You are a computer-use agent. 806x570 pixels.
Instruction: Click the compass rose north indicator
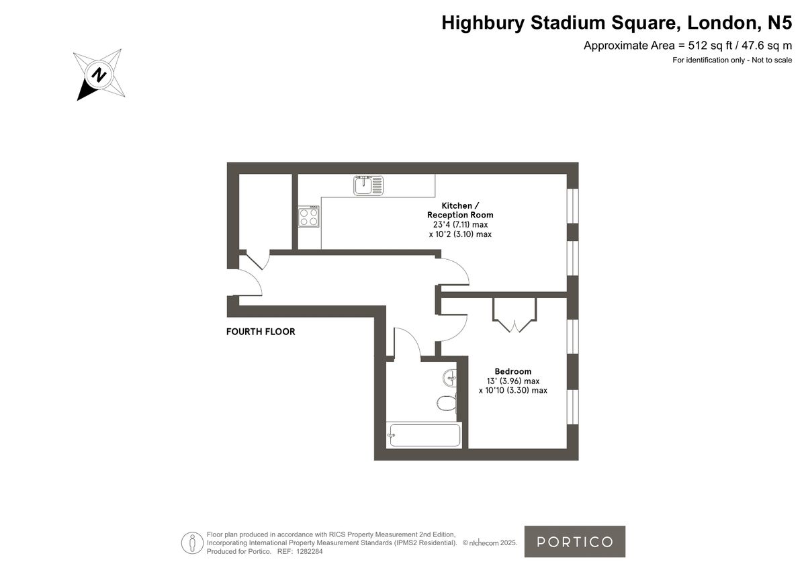pos(99,75)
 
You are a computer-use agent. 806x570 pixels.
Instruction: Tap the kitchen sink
pos(368,185)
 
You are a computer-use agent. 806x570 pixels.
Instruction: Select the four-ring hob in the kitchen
pos(309,217)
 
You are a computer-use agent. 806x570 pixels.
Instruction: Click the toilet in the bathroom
pos(446,402)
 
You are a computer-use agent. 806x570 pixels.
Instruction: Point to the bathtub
pos(424,435)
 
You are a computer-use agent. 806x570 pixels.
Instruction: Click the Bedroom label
pos(512,371)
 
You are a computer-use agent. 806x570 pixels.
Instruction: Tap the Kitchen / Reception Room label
pos(460,210)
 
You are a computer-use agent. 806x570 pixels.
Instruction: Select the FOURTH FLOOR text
pos(261,332)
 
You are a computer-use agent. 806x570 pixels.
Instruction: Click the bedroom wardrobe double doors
pos(514,316)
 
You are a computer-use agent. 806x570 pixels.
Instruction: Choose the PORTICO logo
pos(574,542)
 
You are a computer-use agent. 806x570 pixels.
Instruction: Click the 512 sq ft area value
pos(698,46)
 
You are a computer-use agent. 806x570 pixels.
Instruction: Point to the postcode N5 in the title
pos(779,23)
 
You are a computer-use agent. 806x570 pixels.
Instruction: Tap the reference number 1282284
pos(309,551)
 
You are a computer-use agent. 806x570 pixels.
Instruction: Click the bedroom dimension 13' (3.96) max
pos(512,381)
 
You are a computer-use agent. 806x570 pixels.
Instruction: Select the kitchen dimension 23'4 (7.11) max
pos(460,224)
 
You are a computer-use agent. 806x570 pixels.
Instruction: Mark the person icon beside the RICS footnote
pos(192,542)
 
